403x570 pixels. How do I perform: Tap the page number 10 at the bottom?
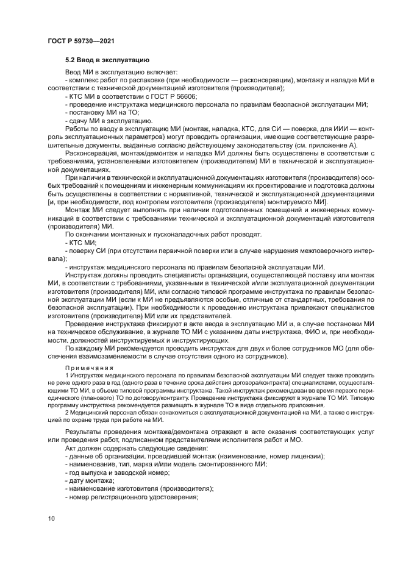(x=51, y=518)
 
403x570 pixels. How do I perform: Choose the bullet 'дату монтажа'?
(x=89, y=480)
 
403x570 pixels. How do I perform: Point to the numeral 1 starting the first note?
(x=66, y=376)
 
